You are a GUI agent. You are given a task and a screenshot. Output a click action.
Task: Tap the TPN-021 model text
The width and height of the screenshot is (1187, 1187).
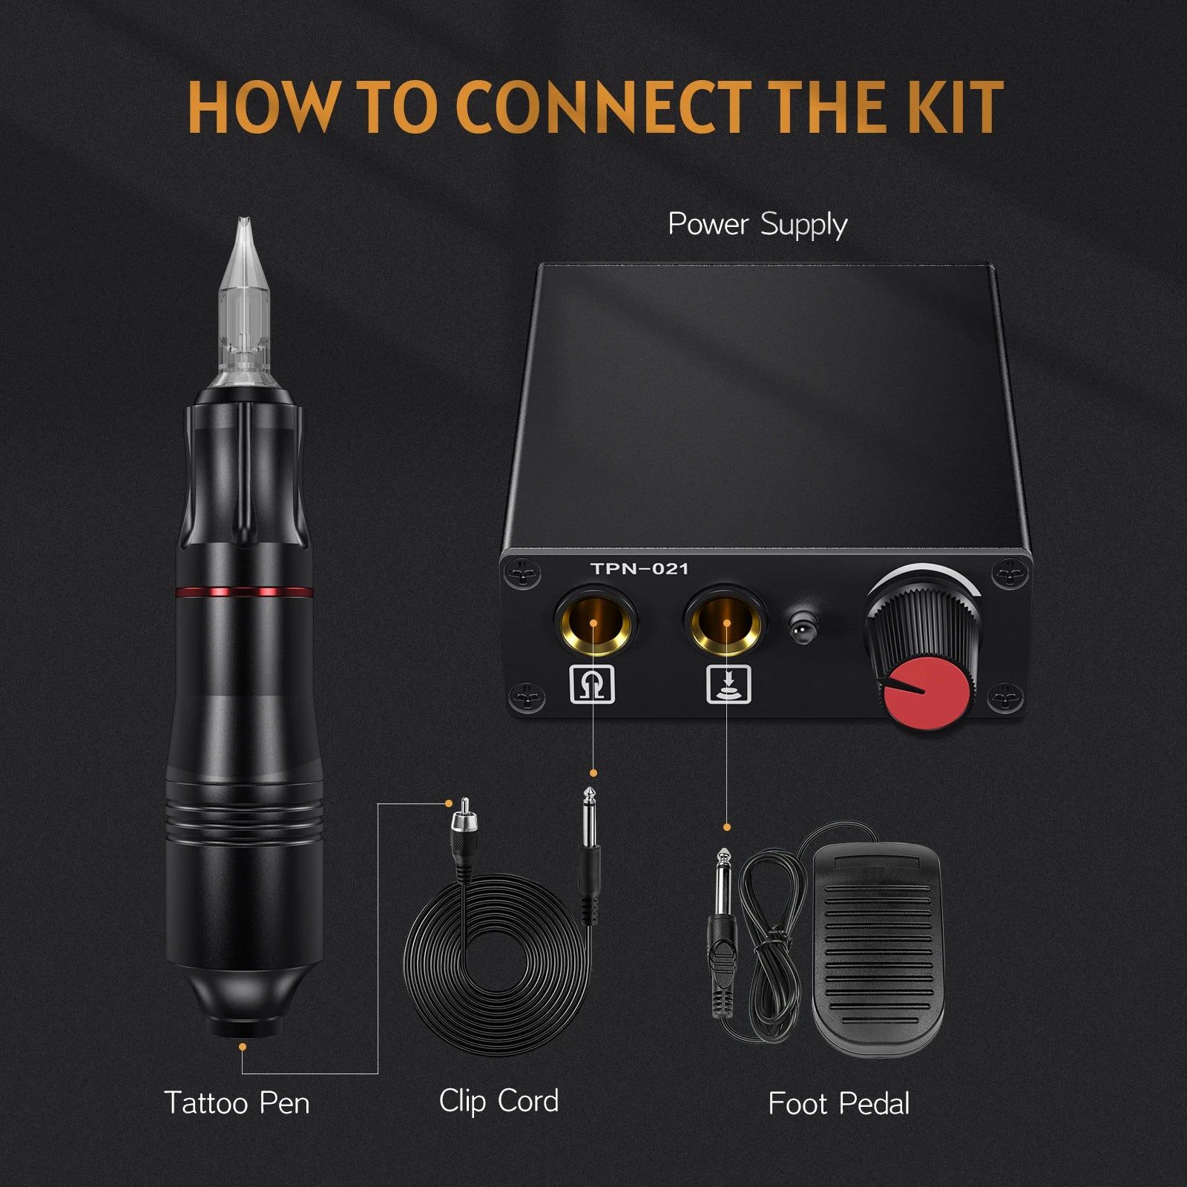[x=639, y=569]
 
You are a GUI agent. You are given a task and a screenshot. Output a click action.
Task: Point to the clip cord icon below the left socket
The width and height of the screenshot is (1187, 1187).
[x=593, y=684]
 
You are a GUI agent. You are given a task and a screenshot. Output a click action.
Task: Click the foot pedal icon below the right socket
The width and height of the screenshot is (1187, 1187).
[x=728, y=684]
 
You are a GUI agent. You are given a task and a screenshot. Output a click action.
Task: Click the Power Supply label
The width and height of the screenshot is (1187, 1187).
[x=757, y=225]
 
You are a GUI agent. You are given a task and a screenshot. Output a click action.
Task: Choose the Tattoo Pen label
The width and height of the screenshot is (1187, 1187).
[x=237, y=1103]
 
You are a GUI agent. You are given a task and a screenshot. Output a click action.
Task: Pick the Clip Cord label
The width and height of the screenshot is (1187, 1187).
[x=499, y=1102]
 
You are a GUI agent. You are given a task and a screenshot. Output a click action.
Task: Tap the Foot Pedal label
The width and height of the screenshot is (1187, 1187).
[x=838, y=1104]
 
